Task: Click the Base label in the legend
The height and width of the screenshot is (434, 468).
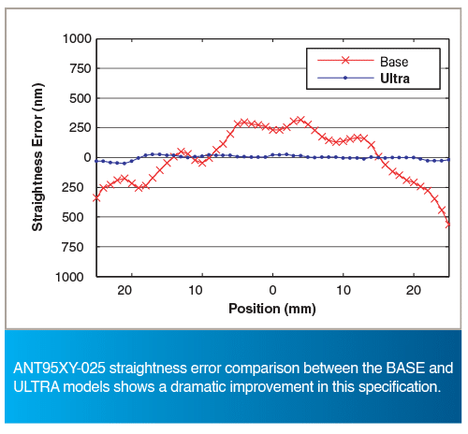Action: [394, 62]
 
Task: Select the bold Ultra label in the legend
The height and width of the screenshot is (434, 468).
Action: [395, 79]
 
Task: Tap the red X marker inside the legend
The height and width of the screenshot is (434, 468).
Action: [345, 60]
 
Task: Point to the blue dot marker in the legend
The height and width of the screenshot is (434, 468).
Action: [345, 78]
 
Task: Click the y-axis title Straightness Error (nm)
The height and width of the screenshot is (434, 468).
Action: [37, 157]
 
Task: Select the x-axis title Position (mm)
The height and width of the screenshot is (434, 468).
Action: [272, 309]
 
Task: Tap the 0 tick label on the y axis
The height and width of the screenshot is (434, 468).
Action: [88, 157]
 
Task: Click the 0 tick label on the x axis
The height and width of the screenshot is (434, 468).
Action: [272, 290]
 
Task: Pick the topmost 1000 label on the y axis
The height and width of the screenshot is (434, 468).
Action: [77, 39]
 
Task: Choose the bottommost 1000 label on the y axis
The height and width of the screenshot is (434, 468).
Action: [69, 277]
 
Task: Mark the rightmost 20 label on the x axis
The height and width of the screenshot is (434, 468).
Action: [414, 290]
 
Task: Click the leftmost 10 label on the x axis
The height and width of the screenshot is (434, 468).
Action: [196, 290]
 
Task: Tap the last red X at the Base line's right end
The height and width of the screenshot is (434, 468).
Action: [447, 224]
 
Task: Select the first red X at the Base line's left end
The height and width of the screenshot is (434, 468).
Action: [96, 197]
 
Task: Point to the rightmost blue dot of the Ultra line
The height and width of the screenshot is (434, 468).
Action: [448, 160]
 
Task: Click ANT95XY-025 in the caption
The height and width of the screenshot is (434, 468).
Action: [60, 368]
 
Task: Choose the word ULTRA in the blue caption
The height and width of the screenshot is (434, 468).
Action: [37, 387]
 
